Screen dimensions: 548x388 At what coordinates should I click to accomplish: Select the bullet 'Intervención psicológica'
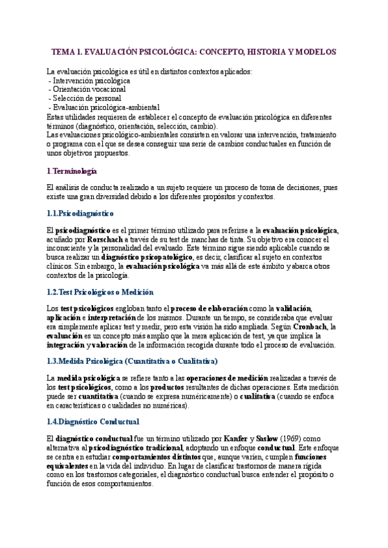coord(91,81)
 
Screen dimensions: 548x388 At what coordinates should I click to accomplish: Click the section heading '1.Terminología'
coord(72,171)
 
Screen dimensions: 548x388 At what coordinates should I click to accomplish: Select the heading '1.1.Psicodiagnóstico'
coord(80,213)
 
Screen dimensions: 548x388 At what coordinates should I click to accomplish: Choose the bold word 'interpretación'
coord(114,318)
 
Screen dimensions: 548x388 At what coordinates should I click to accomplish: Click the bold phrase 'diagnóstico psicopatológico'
coord(137,257)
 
